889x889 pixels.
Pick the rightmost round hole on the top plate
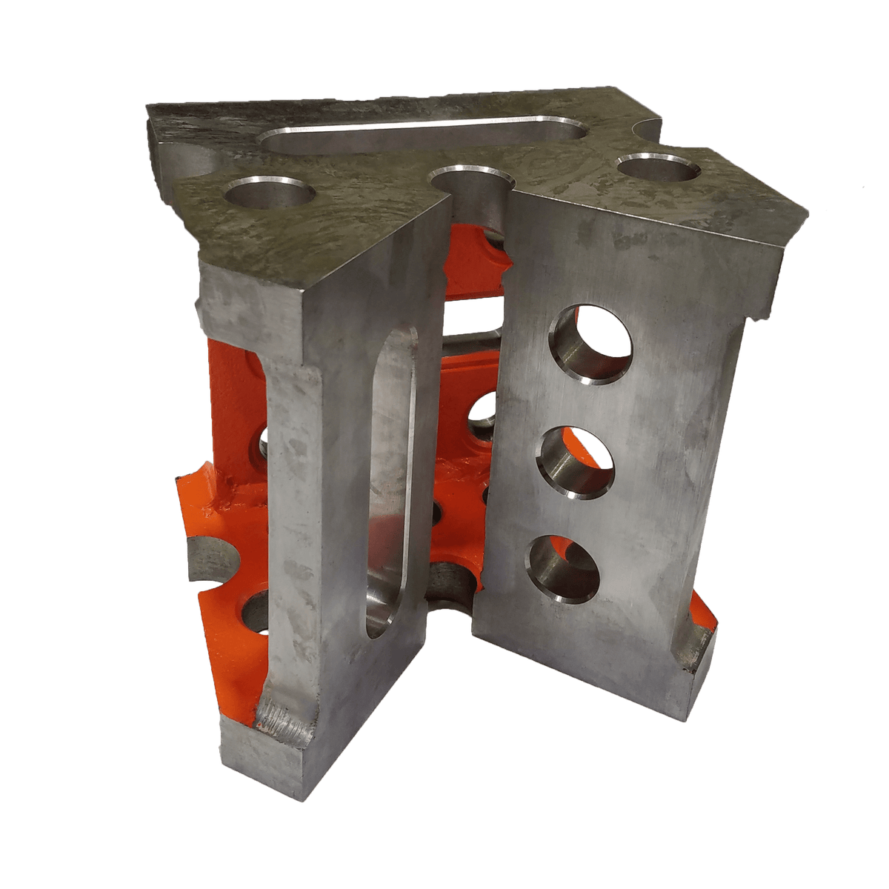click(658, 166)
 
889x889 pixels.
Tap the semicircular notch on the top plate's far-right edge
click(647, 130)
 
